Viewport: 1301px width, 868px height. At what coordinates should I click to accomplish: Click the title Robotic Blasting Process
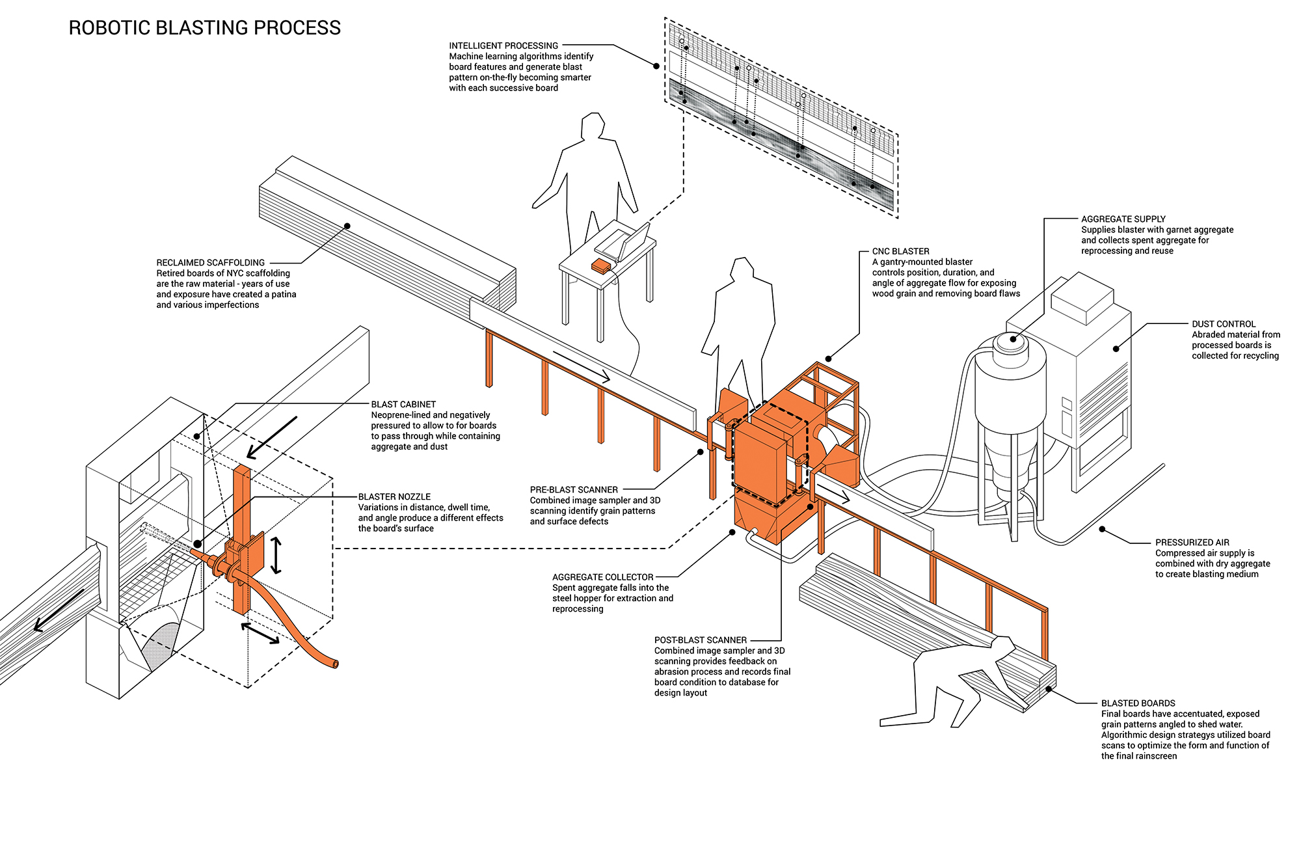point(204,28)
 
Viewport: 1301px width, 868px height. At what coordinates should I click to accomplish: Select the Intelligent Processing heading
point(503,46)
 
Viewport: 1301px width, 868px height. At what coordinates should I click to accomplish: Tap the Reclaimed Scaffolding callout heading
point(210,262)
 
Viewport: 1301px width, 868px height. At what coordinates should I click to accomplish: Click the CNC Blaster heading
point(900,251)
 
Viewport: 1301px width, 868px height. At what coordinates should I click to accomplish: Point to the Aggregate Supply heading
point(1123,219)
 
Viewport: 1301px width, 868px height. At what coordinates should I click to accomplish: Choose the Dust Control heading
point(1223,324)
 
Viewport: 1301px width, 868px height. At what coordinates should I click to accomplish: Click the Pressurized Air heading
point(1192,542)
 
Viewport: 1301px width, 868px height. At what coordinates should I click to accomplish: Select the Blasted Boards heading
point(1138,703)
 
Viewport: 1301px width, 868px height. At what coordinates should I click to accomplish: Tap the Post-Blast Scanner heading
point(700,640)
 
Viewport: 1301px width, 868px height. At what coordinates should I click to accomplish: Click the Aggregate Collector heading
point(602,577)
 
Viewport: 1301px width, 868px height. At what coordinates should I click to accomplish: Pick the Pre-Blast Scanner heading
point(573,489)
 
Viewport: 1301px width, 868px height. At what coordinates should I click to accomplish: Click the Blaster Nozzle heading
point(394,496)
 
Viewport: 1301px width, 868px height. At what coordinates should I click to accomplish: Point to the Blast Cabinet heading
point(403,404)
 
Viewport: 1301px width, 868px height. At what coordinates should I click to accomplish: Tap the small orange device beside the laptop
point(600,265)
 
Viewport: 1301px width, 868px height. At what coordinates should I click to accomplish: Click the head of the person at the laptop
point(593,125)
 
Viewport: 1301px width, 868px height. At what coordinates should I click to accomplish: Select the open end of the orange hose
point(336,664)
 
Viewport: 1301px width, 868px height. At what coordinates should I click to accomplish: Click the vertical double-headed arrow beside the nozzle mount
point(276,555)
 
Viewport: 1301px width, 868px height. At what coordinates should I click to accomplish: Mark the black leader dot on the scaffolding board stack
point(347,226)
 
